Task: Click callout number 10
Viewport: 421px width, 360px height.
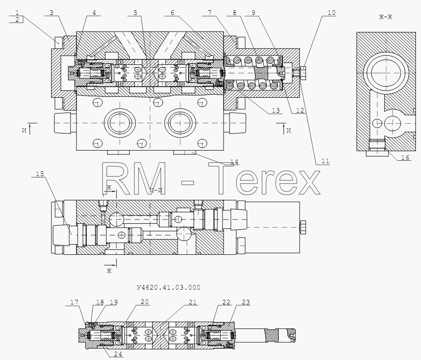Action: (x=332, y=13)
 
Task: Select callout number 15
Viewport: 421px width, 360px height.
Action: (x=40, y=174)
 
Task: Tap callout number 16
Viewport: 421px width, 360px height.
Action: (x=405, y=158)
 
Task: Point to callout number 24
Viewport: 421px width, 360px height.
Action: (x=118, y=354)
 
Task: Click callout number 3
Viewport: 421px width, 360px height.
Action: (x=51, y=13)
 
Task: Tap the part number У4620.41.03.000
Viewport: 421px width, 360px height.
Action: (x=169, y=288)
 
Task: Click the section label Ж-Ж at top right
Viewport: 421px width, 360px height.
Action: (x=386, y=17)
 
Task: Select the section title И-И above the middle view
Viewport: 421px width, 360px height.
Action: (x=156, y=191)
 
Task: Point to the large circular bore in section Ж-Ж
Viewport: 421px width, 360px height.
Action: (x=386, y=73)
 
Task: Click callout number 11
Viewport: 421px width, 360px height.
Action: (x=325, y=161)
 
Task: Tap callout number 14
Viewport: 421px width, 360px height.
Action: (x=234, y=162)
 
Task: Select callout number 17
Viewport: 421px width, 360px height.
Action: (x=74, y=302)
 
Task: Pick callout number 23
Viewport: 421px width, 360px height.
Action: (x=246, y=302)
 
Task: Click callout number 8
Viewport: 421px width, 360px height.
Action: (x=235, y=13)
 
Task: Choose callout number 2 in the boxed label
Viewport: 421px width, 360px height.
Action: (x=17, y=19)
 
